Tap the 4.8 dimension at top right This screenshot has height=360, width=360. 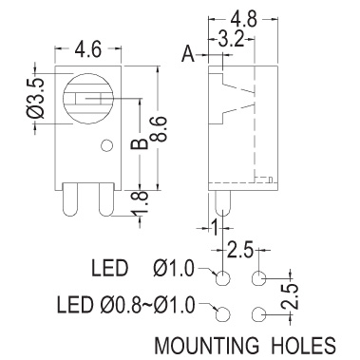point(244,19)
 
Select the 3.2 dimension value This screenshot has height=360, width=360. point(232,40)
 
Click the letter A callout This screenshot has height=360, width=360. point(188,55)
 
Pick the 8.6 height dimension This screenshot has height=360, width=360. point(160,128)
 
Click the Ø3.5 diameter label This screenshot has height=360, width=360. point(34,98)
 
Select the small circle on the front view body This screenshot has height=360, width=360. point(106,145)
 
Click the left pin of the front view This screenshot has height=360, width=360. point(70,199)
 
